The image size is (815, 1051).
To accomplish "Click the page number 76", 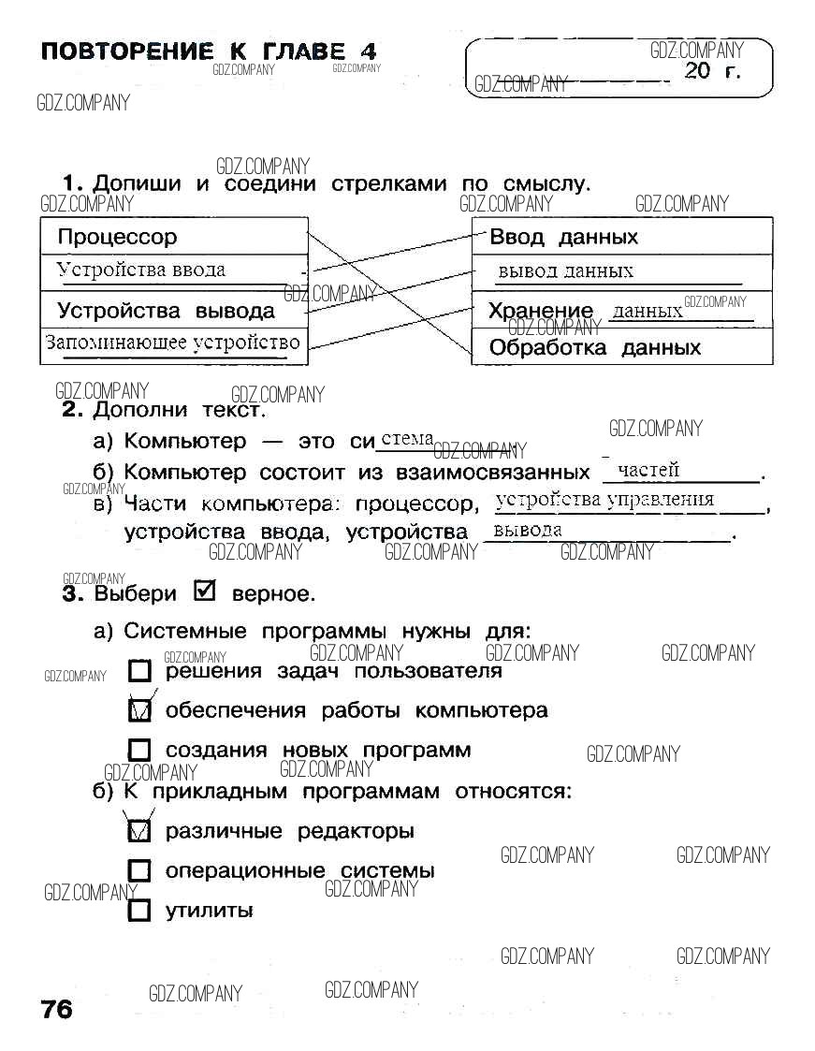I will (x=56, y=1010).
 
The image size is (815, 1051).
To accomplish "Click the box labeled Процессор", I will (x=173, y=237).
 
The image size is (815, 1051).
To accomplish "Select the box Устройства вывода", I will (x=173, y=311).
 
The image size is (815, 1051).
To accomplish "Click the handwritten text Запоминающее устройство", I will (x=173, y=343).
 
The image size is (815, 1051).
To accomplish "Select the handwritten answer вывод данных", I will (x=565, y=271).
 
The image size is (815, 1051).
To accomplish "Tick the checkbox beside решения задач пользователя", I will (x=139, y=671).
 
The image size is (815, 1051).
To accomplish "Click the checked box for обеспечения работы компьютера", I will (x=139, y=710).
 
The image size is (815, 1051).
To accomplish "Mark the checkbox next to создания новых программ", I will (x=139, y=751).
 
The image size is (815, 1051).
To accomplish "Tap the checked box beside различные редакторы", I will (x=139, y=830).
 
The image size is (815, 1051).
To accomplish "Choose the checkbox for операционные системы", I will (x=139, y=870).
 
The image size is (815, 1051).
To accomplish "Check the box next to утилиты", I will (x=139, y=911).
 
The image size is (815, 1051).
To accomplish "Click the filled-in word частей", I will (x=648, y=470).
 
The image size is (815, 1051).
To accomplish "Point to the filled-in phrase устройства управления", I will (x=604, y=500).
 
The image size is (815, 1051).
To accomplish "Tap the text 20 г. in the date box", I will (x=712, y=72).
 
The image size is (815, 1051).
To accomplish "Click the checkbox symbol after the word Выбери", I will (x=203, y=592).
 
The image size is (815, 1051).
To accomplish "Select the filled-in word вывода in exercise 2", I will (x=528, y=531).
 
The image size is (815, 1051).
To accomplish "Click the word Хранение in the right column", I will (x=541, y=311).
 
